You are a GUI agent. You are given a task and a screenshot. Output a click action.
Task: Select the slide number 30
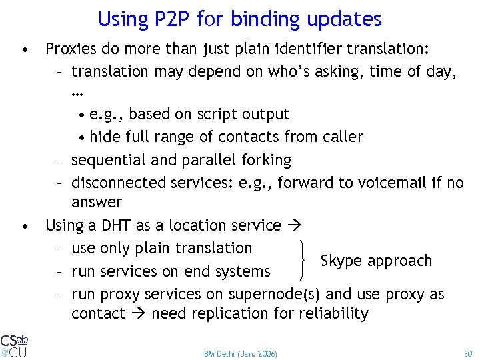467,353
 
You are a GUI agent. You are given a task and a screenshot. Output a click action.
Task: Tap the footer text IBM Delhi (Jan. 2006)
239,353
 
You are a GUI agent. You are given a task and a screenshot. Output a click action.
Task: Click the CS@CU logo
14,345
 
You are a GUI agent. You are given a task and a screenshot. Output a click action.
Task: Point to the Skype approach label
376,261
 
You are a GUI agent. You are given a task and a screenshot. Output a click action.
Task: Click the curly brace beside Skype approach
305,259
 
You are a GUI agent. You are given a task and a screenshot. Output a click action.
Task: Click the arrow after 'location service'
293,226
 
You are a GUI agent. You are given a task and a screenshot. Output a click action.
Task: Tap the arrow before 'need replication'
138,313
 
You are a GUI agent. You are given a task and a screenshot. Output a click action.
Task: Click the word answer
97,201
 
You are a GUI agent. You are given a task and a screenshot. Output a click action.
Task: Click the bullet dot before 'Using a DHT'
25,226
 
